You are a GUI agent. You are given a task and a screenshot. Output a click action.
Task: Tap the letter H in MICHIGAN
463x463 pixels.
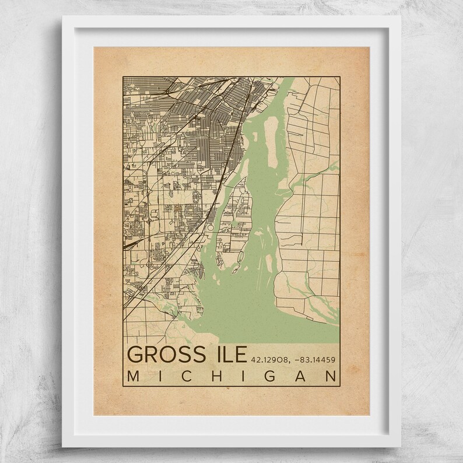pos(215,377)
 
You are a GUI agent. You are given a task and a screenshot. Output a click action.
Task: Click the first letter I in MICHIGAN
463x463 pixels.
pos(159,377)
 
